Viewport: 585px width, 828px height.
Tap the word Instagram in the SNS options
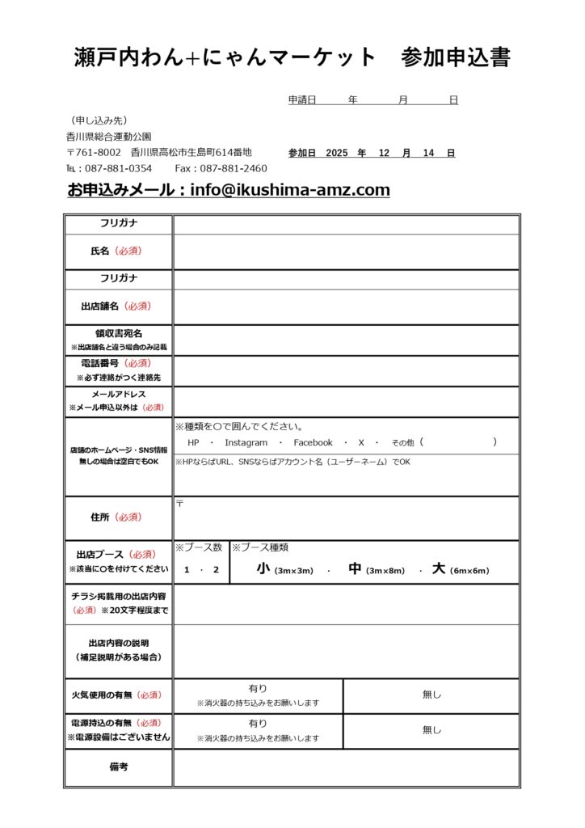tap(246, 442)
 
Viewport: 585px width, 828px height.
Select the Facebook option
tap(313, 442)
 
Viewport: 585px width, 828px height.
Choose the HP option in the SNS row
tap(193, 442)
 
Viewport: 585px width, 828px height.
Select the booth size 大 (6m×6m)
tap(461, 569)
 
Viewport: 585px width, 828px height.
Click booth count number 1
tap(187, 570)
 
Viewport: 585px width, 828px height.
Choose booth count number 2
tap(215, 570)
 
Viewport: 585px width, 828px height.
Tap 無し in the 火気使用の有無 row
tap(431, 695)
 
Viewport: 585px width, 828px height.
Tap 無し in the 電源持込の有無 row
tap(431, 730)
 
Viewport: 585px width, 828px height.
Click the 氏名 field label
tap(100, 251)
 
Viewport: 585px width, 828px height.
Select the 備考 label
tap(118, 767)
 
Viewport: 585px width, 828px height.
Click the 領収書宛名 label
tap(118, 333)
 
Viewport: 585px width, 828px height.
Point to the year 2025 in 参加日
tap(336, 153)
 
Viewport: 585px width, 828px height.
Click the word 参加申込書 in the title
tap(456, 57)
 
